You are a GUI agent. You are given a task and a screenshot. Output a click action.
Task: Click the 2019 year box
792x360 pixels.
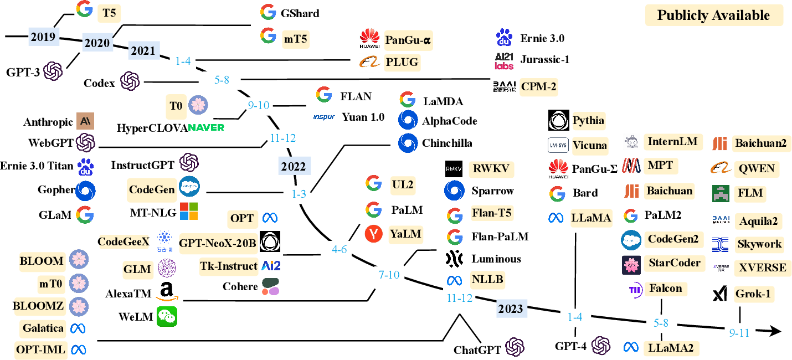[43, 37]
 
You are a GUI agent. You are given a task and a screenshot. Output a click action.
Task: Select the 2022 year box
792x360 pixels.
[294, 166]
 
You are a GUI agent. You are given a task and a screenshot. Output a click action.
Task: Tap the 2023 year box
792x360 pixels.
[511, 308]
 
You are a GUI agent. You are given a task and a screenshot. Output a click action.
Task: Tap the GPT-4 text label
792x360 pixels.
[571, 347]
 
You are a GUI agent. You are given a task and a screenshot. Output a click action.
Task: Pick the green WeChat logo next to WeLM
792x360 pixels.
[167, 317]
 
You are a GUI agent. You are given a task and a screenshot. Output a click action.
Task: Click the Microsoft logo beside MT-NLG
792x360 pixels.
[188, 211]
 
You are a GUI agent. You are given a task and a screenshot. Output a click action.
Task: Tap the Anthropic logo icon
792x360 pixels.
[86, 121]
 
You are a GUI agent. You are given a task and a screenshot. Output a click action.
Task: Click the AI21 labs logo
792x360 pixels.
[504, 60]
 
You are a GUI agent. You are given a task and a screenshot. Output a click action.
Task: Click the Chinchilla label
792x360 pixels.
[447, 143]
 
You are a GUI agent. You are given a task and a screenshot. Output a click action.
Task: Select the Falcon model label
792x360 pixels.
[665, 289]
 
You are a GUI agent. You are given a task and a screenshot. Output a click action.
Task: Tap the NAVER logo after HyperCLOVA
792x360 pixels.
[205, 127]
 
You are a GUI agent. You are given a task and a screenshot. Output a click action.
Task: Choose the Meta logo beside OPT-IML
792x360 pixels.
[78, 349]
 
